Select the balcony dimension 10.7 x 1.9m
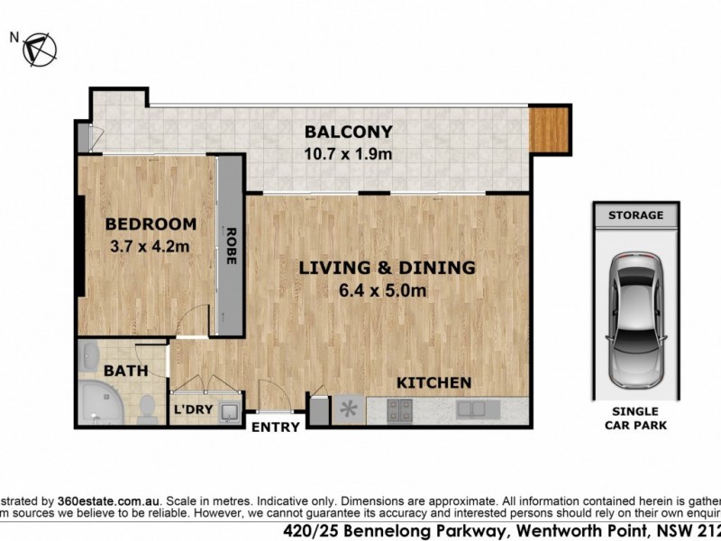tap(348, 154)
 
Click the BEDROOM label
tap(151, 225)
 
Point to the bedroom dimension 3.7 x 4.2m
tap(151, 245)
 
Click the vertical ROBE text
tap(231, 243)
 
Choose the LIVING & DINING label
tap(387, 268)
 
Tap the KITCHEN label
tap(434, 382)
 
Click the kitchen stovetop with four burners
tap(400, 410)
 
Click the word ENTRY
tap(275, 427)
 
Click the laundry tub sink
tap(230, 412)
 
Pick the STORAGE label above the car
tap(635, 215)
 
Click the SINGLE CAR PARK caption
tap(635, 418)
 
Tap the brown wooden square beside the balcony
tap(549, 128)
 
